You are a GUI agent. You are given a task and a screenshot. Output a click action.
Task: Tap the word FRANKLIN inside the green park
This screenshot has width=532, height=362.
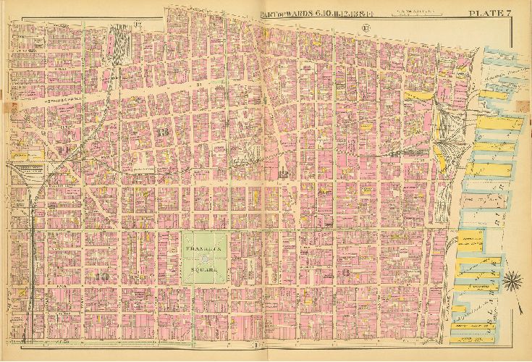tap(206, 249)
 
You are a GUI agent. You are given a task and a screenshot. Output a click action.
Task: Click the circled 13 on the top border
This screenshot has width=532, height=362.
tap(366, 28)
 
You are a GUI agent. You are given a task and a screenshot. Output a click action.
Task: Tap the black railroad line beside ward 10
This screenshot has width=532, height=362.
tap(33, 239)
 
